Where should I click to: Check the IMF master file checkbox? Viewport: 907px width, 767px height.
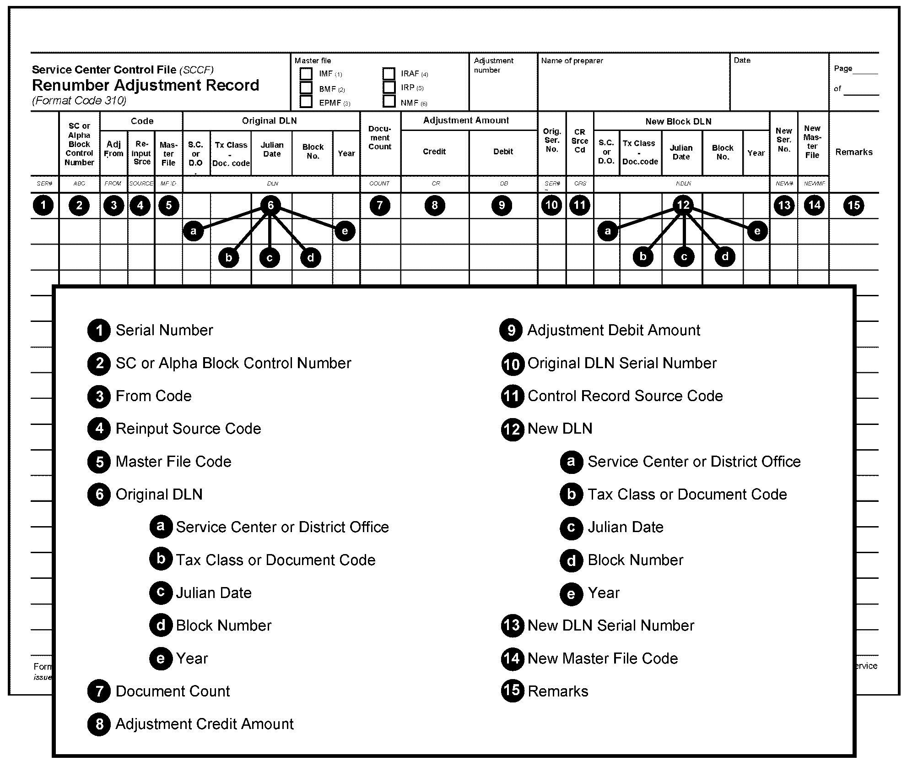(306, 74)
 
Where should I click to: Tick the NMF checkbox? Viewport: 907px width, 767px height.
(389, 101)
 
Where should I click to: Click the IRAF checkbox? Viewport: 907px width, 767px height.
(389, 74)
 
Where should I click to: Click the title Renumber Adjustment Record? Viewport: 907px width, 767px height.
(146, 85)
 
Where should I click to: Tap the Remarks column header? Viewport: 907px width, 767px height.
(854, 152)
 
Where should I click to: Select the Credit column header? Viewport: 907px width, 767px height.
(434, 152)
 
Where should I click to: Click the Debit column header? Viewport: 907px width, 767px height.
(503, 152)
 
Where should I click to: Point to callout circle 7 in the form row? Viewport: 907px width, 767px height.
(380, 205)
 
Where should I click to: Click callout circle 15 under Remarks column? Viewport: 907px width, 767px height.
(854, 205)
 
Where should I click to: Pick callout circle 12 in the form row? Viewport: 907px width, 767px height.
(683, 205)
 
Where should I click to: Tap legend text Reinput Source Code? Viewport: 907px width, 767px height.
(188, 429)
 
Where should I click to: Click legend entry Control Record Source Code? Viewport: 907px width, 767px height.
(625, 396)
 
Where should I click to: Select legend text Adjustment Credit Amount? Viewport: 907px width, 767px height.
(205, 724)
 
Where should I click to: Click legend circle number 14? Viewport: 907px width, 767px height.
(512, 658)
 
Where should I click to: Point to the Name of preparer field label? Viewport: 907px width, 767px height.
(572, 60)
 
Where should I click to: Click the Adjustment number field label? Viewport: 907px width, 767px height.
(493, 65)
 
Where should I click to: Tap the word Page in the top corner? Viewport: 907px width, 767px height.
(843, 69)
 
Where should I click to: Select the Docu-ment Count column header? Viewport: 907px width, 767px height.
(380, 137)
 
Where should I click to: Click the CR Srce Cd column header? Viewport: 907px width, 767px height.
(579, 141)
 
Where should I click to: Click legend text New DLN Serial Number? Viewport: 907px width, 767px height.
(610, 626)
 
